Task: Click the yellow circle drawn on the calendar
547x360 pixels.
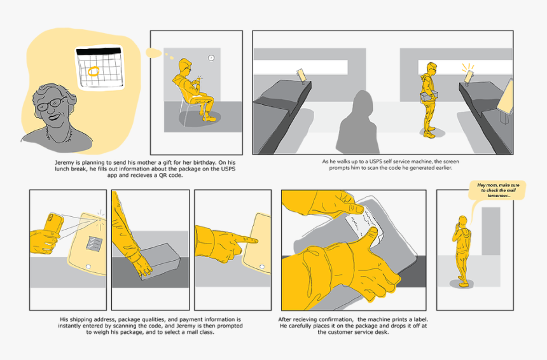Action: click(93, 71)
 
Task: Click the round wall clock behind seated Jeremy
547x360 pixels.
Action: click(211, 58)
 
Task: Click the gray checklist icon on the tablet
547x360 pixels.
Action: click(93, 243)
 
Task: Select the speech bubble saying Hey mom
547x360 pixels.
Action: click(498, 191)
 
